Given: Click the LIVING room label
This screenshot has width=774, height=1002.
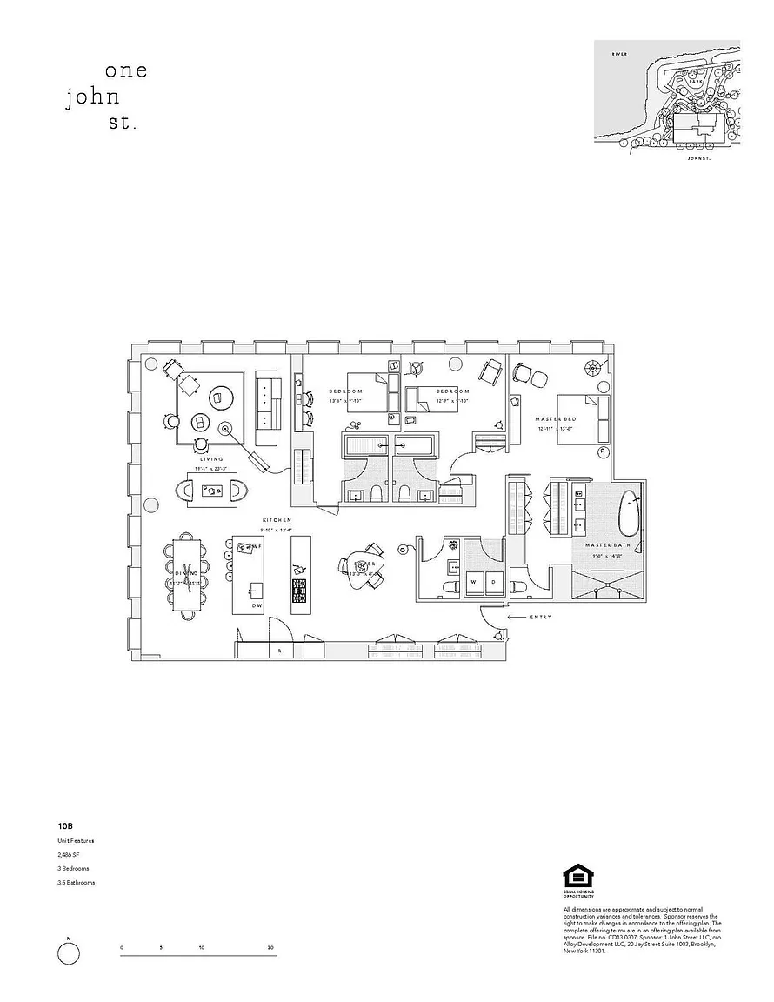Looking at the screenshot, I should click(211, 458).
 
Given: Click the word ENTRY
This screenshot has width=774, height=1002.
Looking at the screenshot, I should click(541, 617).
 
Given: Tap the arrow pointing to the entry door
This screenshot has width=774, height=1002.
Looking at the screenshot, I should click(515, 617).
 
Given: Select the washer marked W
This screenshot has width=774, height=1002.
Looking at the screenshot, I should click(474, 580).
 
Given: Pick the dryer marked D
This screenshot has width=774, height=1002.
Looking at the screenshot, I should click(492, 580).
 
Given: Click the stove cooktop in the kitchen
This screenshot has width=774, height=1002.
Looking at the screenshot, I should click(300, 591).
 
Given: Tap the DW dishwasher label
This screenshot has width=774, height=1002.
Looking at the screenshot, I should click(257, 605).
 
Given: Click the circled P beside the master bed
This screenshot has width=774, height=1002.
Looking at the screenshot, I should click(602, 452).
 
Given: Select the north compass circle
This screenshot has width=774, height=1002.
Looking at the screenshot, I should click(68, 954).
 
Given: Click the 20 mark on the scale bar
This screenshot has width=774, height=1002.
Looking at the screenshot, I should click(272, 947).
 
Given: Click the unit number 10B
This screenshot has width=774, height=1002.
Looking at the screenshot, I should click(65, 826).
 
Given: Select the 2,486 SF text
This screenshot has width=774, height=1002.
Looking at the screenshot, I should click(70, 854).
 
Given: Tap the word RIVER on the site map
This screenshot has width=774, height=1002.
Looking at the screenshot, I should click(619, 54).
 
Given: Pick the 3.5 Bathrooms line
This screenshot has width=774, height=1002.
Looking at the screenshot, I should click(77, 882).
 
